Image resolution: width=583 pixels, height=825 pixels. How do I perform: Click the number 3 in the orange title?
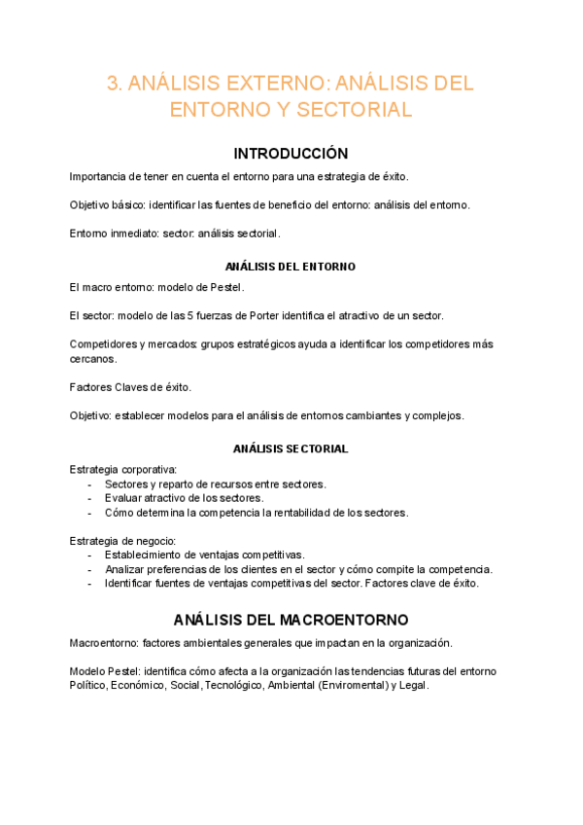point(112,84)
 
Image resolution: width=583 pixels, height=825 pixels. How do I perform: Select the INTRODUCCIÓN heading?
point(291,154)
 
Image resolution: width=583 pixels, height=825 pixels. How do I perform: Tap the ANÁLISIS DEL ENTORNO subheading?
point(291,266)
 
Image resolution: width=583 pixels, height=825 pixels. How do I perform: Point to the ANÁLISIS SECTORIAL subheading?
point(291,448)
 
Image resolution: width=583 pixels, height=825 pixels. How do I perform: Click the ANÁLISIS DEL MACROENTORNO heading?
point(291,620)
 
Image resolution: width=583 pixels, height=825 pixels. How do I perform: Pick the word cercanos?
point(93,358)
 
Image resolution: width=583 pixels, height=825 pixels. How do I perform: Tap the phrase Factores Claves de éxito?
point(130,387)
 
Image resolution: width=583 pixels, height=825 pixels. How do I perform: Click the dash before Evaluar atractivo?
point(89,498)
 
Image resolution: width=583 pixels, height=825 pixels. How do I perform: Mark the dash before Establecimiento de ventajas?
point(89,555)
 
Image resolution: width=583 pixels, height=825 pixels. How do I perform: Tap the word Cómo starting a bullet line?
point(120,513)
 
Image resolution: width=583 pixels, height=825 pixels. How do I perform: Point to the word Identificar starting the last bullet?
point(134,584)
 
